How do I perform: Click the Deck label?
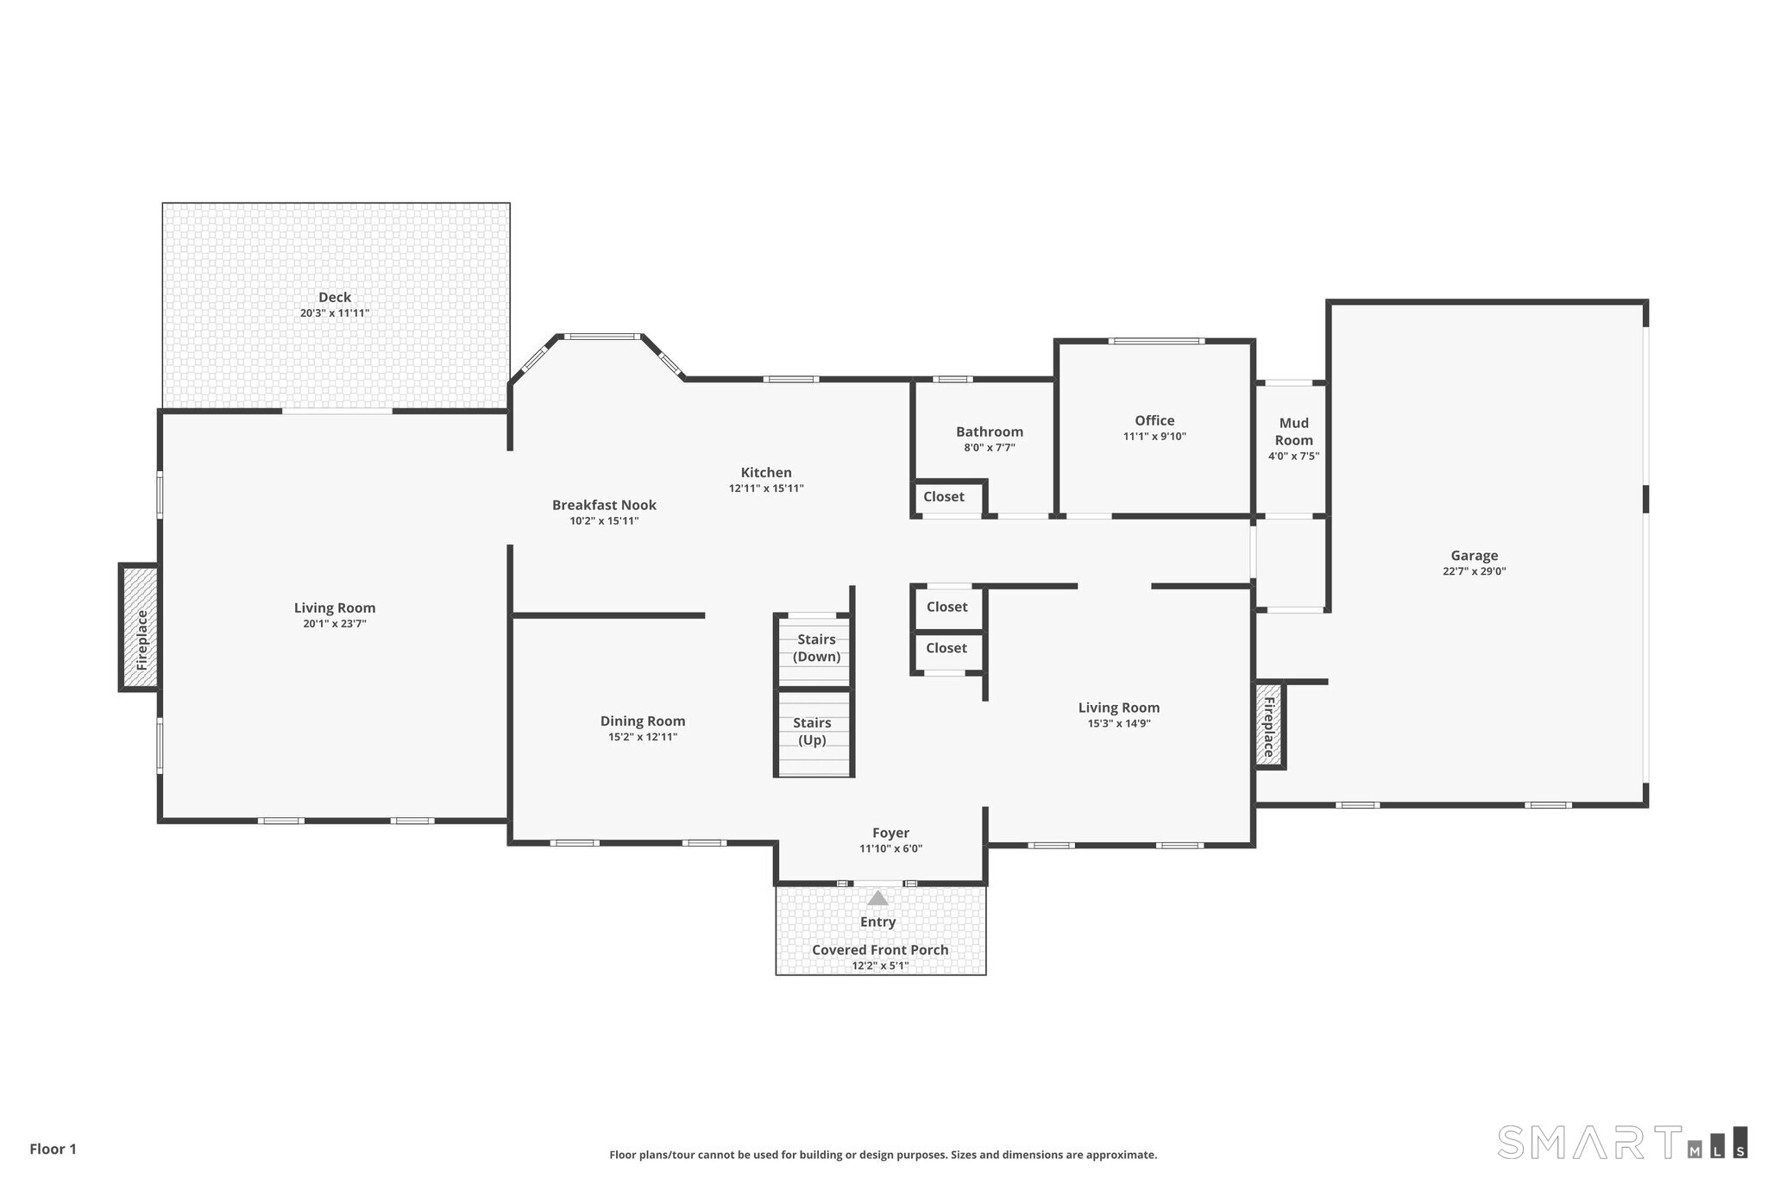click(x=334, y=297)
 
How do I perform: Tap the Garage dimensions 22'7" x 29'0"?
click(x=1474, y=571)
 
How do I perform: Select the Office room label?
click(x=1154, y=421)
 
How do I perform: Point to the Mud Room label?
click(x=1293, y=431)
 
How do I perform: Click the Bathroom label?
click(x=989, y=432)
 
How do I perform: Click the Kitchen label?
click(x=765, y=472)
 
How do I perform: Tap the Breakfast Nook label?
click(x=604, y=505)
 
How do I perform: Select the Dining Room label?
click(x=643, y=721)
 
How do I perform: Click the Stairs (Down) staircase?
click(x=815, y=648)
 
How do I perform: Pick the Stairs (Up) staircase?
click(x=812, y=732)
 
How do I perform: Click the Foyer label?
click(x=890, y=833)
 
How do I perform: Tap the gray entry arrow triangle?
click(x=877, y=898)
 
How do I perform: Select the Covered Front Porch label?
click(x=880, y=949)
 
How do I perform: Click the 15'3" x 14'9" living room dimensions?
click(x=1118, y=724)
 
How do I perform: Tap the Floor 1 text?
click(x=53, y=1149)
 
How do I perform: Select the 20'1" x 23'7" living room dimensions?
click(x=334, y=624)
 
